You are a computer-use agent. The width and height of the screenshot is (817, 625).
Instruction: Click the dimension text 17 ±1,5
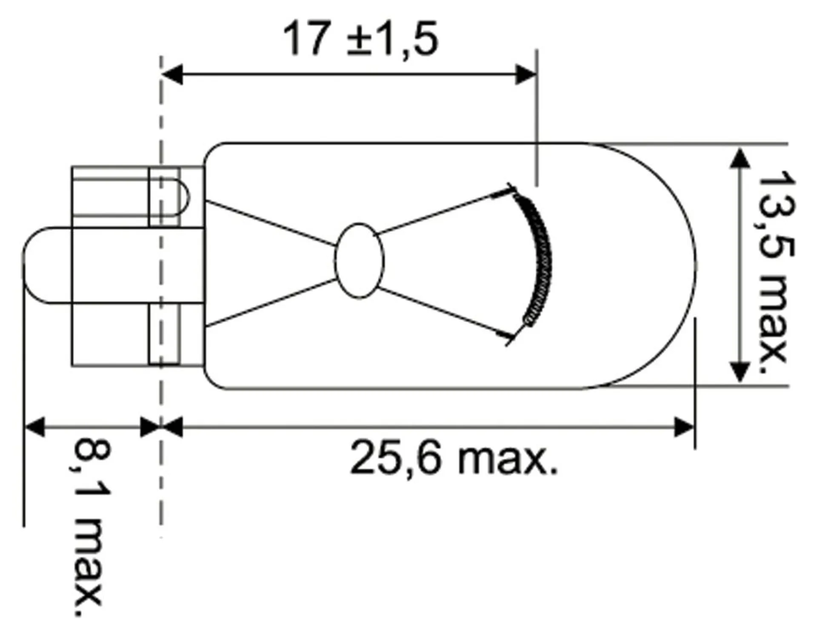pyautogui.click(x=360, y=40)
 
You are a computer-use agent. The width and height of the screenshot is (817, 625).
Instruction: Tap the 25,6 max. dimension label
pyautogui.click(x=454, y=458)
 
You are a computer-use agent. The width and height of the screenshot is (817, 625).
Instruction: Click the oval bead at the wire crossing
pyautogui.click(x=359, y=260)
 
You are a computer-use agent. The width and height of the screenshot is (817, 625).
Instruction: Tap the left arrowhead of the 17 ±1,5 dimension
pyautogui.click(x=172, y=74)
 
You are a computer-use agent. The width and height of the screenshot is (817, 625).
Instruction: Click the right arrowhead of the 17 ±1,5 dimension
pyautogui.click(x=526, y=74)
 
